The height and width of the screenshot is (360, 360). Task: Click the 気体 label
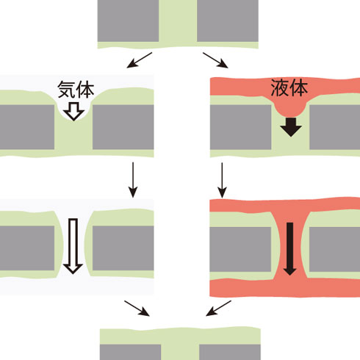76,90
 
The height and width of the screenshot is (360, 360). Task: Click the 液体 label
289,88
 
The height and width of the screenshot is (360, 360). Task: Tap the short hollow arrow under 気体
74,112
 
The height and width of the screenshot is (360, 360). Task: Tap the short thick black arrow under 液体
291,127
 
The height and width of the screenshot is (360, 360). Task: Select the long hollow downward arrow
73,246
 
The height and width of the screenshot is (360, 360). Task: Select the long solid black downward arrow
290,249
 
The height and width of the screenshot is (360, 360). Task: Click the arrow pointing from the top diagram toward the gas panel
140,60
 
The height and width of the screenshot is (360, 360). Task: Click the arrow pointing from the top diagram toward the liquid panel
215,60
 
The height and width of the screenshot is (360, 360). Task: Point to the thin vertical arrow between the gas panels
133,180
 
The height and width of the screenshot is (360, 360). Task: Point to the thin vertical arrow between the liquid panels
222,180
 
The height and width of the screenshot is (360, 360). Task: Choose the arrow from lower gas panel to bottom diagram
137,309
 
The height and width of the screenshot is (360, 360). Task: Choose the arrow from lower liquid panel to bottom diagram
218,309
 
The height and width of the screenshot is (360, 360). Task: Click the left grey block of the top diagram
128,21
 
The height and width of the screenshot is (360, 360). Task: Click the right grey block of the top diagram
228,21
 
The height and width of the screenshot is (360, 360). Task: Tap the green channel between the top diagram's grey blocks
178,21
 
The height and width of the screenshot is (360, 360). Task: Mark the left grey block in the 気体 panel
27,127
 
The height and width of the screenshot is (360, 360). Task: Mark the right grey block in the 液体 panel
335,127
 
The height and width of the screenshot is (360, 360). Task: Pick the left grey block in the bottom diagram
131,352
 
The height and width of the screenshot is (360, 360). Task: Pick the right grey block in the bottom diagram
230,352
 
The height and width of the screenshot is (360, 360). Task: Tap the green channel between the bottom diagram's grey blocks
180,352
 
